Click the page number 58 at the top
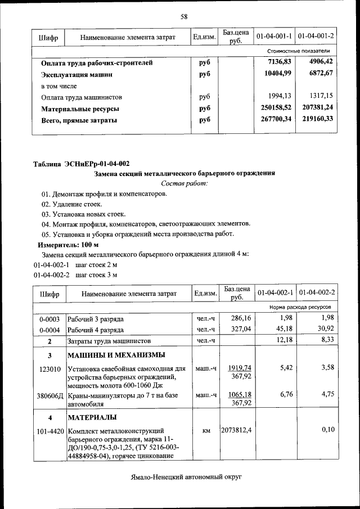pyautogui.click(x=183, y=17)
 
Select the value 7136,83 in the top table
pyautogui.click(x=280, y=62)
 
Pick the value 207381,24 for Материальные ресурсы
pyautogui.click(x=317, y=107)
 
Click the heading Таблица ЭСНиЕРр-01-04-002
pyautogui.click(x=82, y=164)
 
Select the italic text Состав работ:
pyautogui.click(x=184, y=183)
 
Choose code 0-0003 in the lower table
pyautogui.click(x=49, y=319)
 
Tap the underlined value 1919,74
pyautogui.click(x=240, y=368)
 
